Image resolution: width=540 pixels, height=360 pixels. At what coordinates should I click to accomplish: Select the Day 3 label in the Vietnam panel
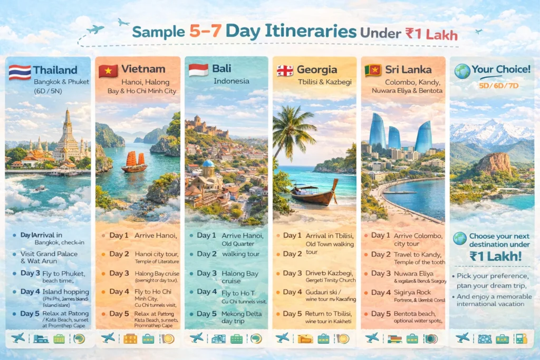pyautogui.click(x=119, y=274)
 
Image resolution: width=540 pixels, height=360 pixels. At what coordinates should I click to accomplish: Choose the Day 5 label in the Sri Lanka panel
pyautogui.click(x=381, y=314)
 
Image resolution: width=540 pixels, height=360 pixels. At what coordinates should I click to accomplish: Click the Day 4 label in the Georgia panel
pyautogui.click(x=293, y=292)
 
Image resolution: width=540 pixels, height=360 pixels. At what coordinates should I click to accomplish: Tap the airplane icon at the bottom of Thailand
pyautogui.click(x=18, y=338)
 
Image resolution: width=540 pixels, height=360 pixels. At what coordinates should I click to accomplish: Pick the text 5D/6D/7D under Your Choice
pyautogui.click(x=491, y=85)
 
